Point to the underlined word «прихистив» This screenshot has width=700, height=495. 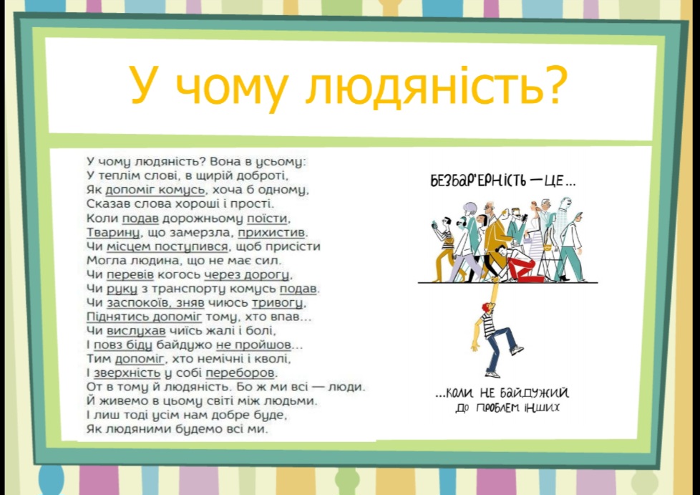click(272, 233)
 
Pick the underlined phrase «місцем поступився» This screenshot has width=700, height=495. click(167, 247)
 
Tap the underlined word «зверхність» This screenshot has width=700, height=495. click(127, 373)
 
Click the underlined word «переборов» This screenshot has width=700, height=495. click(240, 373)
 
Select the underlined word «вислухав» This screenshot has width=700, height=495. click(136, 331)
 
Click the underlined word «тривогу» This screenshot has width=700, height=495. click(278, 303)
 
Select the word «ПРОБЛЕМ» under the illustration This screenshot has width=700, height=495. click(499, 408)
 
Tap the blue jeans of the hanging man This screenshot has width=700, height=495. click(500, 348)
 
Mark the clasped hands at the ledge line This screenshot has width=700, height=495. click(495, 281)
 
